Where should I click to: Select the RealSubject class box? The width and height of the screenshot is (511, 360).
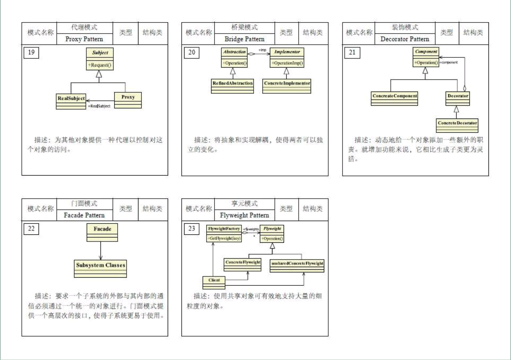(71, 100)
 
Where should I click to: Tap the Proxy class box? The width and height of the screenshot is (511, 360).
(128, 100)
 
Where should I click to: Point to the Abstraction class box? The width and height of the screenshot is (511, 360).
(234, 57)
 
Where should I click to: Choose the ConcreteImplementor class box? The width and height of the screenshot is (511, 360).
(287, 85)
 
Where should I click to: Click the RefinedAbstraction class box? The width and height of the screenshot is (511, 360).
(232, 85)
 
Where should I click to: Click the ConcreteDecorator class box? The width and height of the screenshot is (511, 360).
(457, 125)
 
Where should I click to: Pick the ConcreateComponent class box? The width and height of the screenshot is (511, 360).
(395, 98)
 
